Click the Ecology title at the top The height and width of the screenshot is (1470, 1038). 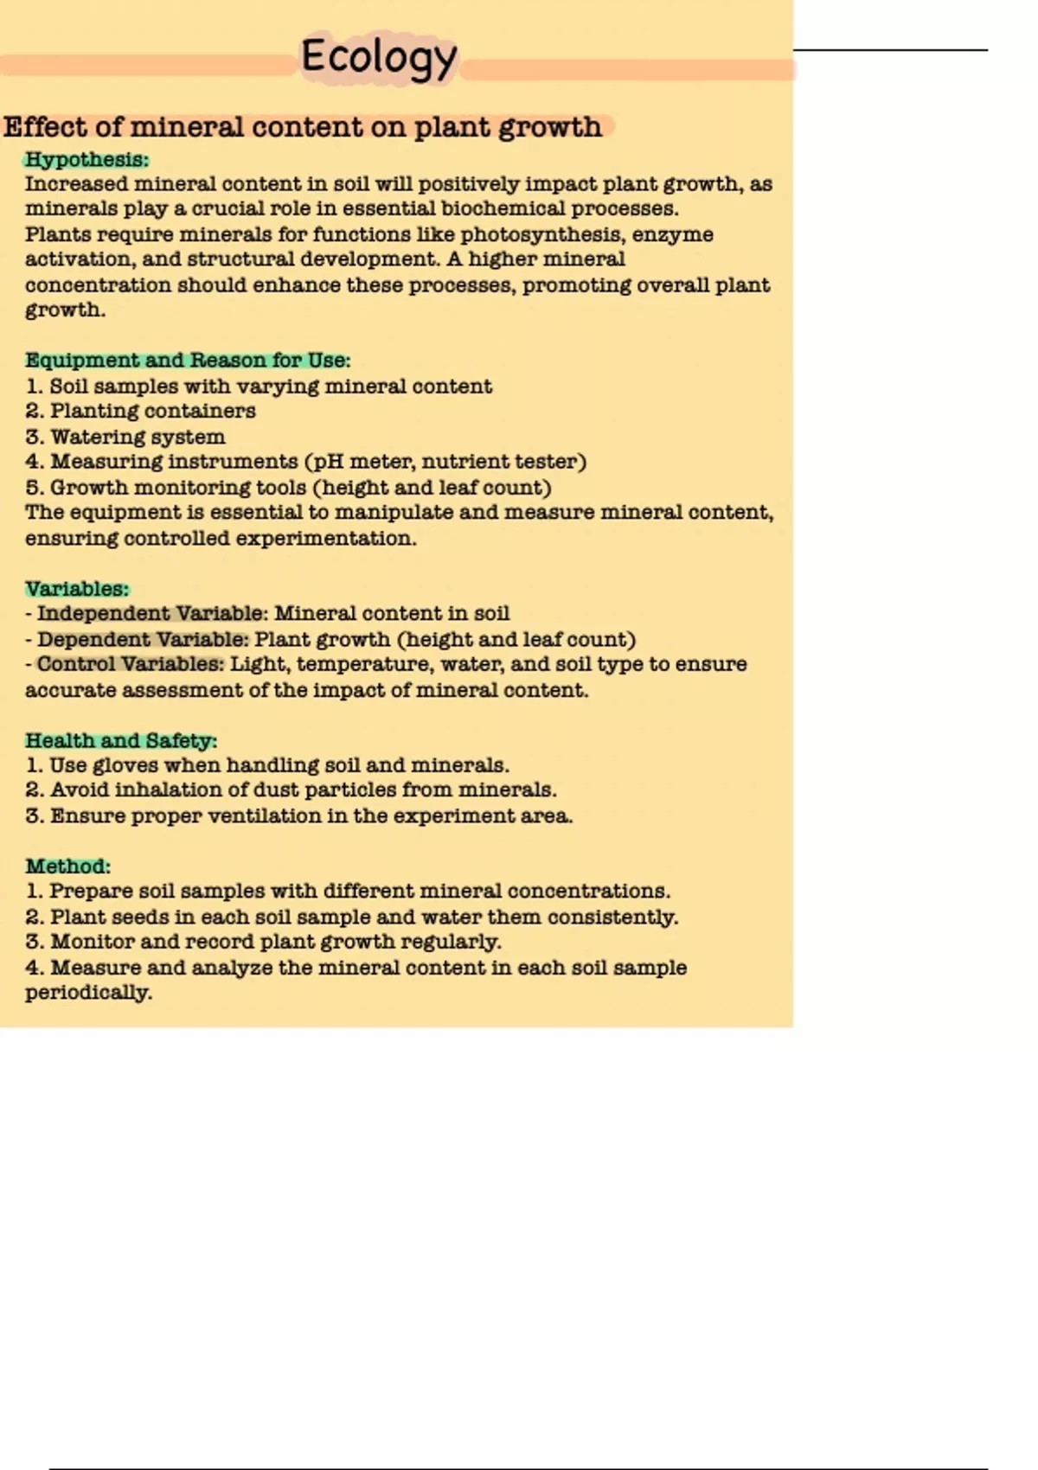coord(379,57)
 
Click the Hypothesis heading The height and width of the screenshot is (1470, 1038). coord(86,160)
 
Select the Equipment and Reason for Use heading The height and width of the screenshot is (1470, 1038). coord(187,361)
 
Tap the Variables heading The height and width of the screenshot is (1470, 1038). coord(76,589)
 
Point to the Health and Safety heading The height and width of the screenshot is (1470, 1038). coord(120,741)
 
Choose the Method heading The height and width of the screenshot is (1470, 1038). coord(67,866)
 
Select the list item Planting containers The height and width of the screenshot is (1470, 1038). coord(152,411)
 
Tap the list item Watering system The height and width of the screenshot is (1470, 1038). coord(138,437)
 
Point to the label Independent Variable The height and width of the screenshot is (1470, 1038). coord(151,614)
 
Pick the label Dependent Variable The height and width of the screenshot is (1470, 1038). coord(142,640)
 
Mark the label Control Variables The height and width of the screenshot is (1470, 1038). coord(130,664)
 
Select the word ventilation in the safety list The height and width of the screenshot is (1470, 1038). coord(260,816)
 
